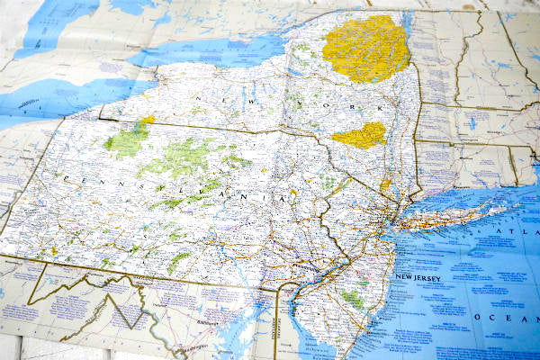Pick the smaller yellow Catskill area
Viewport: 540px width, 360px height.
click(360, 136)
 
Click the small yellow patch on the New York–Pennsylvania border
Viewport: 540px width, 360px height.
click(148, 121)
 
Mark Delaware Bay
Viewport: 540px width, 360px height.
click(297, 328)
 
